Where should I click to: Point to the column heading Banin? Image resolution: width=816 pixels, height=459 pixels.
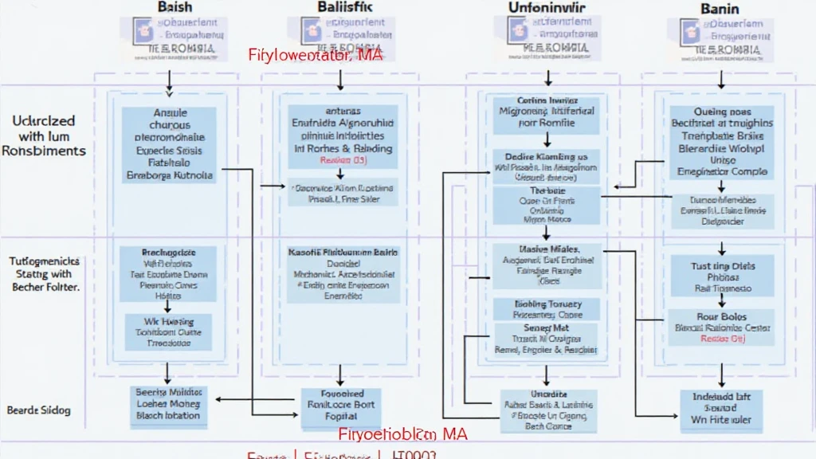[720, 9]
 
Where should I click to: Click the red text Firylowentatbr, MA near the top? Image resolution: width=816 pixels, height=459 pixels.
[315, 56]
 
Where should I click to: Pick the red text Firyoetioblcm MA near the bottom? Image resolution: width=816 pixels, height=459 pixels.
[402, 434]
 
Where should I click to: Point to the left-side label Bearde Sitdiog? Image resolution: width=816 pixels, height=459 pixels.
[39, 410]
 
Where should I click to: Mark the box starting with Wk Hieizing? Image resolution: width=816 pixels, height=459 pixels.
[167, 331]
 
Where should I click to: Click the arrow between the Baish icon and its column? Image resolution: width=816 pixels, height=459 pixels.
[168, 81]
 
